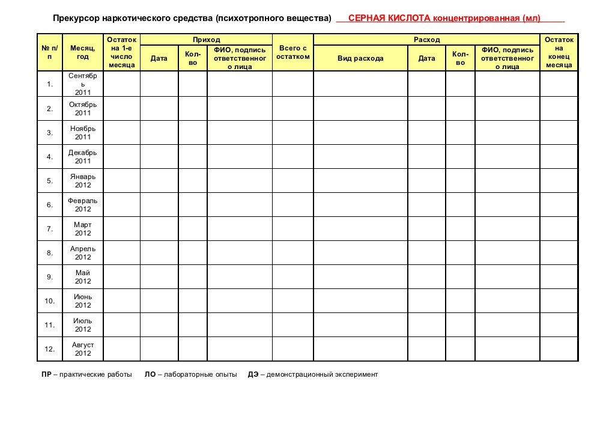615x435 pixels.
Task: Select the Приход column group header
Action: click(x=210, y=40)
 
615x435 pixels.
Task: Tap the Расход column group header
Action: click(x=426, y=40)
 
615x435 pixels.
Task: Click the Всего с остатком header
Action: click(x=293, y=52)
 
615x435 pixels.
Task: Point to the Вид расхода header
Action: click(x=360, y=58)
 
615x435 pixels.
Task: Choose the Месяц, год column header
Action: click(x=83, y=52)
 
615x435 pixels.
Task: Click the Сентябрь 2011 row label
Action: click(x=83, y=84)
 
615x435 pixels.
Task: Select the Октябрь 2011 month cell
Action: click(x=83, y=109)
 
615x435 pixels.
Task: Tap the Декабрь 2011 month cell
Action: click(x=83, y=157)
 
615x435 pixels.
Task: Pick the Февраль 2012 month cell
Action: click(x=83, y=205)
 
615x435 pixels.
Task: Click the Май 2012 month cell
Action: click(x=83, y=277)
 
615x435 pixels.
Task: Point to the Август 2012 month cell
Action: click(x=83, y=349)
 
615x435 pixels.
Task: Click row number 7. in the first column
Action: click(x=50, y=229)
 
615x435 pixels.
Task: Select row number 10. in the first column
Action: click(x=50, y=301)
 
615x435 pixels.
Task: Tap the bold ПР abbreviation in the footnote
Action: click(x=46, y=374)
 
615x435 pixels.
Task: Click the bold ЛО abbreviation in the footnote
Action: click(x=150, y=374)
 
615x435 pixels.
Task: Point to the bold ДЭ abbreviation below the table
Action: click(x=253, y=374)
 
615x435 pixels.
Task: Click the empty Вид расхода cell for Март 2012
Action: click(x=360, y=229)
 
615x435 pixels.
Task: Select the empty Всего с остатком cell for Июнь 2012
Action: click(x=293, y=301)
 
